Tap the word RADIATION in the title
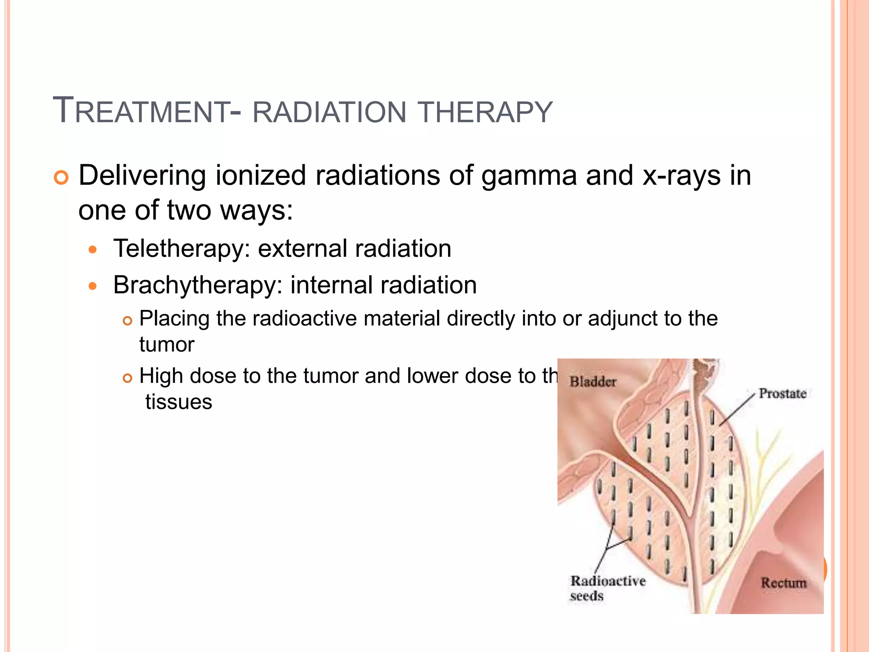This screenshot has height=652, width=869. [x=330, y=112]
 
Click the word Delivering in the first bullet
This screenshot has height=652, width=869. [x=143, y=176]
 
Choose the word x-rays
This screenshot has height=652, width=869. [x=681, y=176]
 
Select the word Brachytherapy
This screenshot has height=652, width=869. [x=198, y=285]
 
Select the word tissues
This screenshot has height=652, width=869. [x=179, y=402]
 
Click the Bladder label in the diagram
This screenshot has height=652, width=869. [x=593, y=382]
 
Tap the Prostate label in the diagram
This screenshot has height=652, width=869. [x=782, y=393]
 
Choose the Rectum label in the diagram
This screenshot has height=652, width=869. [x=783, y=583]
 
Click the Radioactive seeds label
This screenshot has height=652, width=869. [x=607, y=588]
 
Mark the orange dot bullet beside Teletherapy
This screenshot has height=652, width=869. [x=93, y=250]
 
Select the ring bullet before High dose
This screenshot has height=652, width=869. [x=127, y=378]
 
